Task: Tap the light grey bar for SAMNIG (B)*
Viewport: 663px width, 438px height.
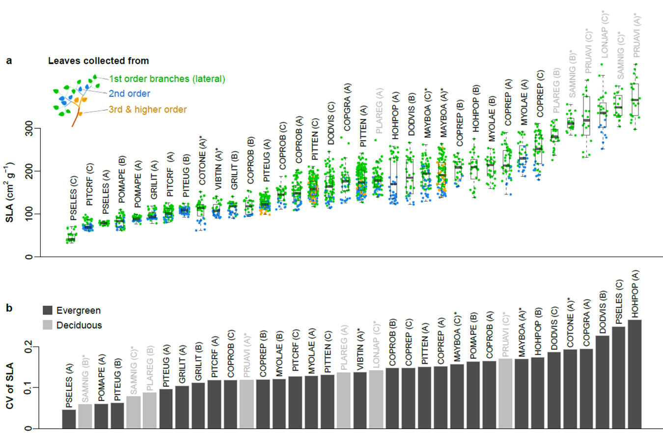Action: (x=85, y=416)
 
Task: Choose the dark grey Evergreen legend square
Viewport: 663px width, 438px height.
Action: (x=48, y=310)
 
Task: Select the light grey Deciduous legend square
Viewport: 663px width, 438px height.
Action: (x=48, y=325)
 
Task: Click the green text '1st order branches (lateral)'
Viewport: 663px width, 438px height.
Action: (x=166, y=79)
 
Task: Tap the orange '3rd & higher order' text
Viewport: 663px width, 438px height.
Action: (x=148, y=109)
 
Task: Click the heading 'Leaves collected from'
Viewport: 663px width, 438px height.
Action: (x=98, y=61)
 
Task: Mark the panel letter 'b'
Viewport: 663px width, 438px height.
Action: (x=8, y=309)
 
